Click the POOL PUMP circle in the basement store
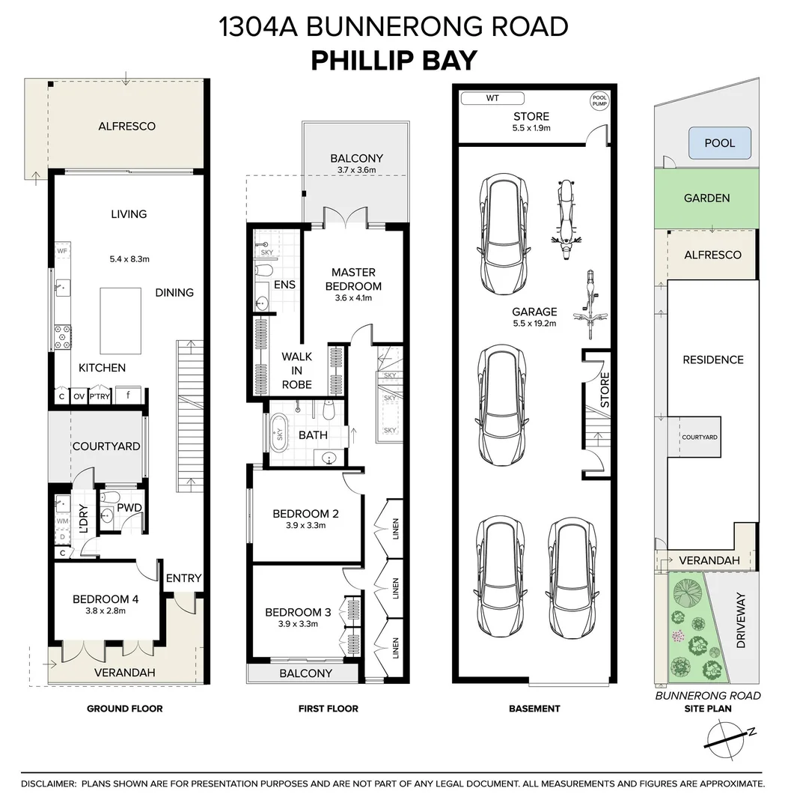(599, 100)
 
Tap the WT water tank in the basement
(492, 98)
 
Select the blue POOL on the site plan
(719, 143)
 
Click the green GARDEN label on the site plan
(706, 198)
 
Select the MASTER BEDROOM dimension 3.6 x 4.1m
(353, 298)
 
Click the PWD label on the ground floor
(129, 508)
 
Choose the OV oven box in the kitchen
(79, 396)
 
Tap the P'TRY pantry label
(100, 397)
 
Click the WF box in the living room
(62, 251)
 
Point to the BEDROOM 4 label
(105, 599)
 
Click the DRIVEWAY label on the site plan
(741, 620)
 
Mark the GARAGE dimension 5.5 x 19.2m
(534, 324)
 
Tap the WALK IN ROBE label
(297, 371)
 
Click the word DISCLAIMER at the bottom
(48, 784)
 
